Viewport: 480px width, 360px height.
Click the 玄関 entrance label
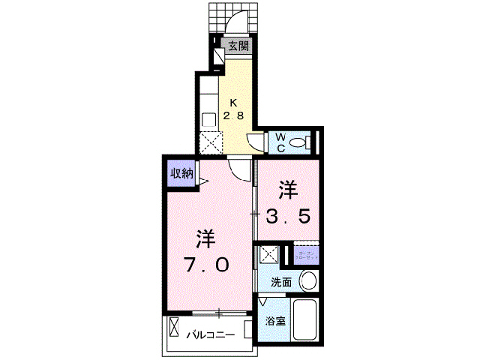click(x=238, y=46)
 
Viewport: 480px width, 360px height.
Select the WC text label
click(x=279, y=141)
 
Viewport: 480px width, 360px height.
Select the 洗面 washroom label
click(x=281, y=283)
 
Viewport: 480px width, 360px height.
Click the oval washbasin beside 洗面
click(x=307, y=283)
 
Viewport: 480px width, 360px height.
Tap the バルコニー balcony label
click(x=211, y=334)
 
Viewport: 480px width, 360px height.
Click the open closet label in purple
click(x=307, y=256)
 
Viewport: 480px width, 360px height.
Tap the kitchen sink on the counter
click(x=210, y=118)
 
